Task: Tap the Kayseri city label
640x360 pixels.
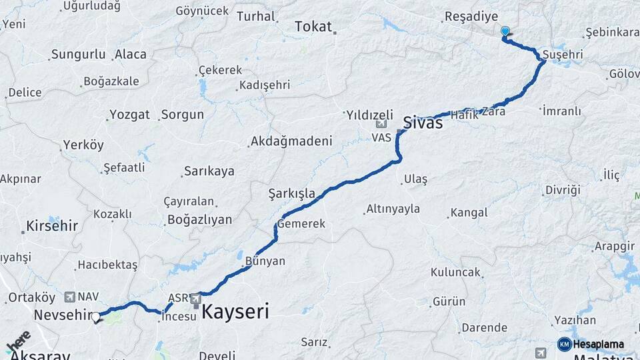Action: point(235,311)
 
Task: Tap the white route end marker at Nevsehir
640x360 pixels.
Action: point(96,317)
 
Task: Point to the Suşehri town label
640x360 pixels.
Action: point(563,53)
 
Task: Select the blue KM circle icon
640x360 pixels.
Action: point(564,345)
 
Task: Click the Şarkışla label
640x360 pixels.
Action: point(291,193)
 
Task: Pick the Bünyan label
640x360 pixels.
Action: point(265,261)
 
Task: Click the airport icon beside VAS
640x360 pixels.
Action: point(381,124)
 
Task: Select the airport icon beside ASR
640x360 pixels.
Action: point(196,299)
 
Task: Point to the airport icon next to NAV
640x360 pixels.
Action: point(70,296)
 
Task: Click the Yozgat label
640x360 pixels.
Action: point(129,114)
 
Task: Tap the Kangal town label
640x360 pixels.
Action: point(469,213)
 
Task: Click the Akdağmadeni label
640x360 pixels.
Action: point(290,141)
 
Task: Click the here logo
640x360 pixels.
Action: point(18,341)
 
